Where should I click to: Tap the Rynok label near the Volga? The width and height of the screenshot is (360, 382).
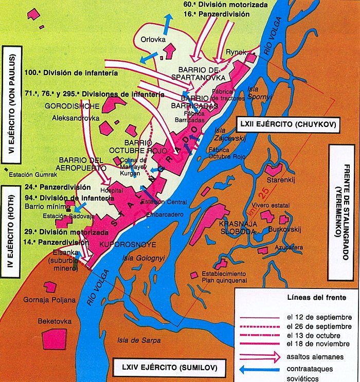[237, 52]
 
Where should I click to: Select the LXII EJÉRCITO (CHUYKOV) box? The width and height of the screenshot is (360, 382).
[287, 124]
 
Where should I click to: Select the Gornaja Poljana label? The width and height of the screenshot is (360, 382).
[53, 300]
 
